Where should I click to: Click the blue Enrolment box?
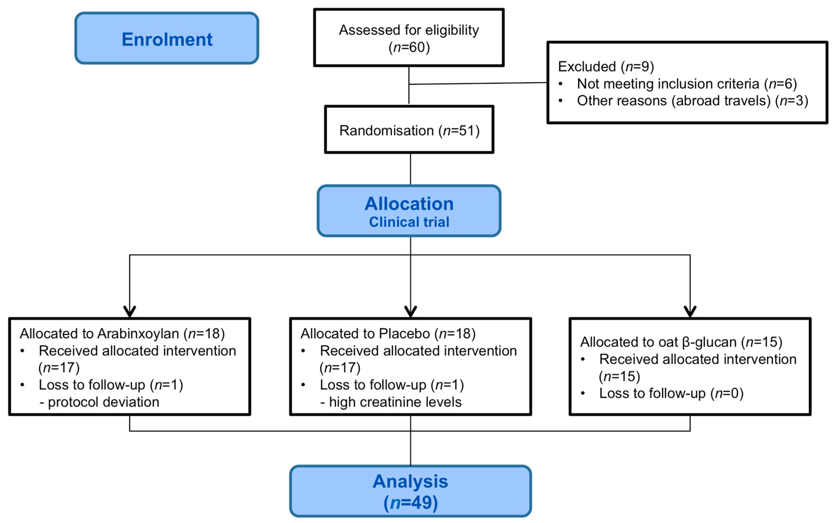pos(167,38)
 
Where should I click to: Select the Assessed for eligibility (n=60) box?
pos(409,38)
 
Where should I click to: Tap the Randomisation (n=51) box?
pos(409,130)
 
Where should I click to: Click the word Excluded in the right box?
pos(587,66)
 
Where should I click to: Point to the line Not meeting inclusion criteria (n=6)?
pos(686,84)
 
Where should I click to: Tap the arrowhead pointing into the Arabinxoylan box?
pos(130,311)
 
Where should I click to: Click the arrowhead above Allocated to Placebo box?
pos(410,311)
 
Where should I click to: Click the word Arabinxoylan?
pos(138,334)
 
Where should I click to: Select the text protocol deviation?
pos(103,402)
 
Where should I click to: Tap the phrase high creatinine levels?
pos(395,402)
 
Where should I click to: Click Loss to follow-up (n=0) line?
pos(671,393)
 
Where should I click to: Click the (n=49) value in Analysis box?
pos(410,502)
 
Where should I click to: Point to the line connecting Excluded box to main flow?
pos(477,83)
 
